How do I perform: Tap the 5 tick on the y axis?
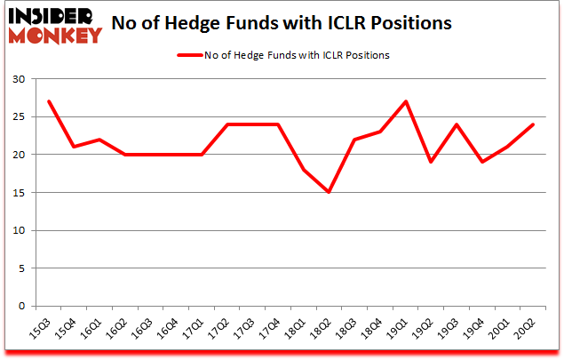[x=20, y=268]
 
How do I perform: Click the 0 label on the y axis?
[x=20, y=307]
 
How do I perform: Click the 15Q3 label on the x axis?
[x=43, y=331]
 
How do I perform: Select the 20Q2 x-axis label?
[x=528, y=331]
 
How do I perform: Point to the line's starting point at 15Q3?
[x=49, y=101]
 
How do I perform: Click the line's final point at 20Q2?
[x=534, y=124]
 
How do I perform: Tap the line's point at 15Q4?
[x=75, y=147]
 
